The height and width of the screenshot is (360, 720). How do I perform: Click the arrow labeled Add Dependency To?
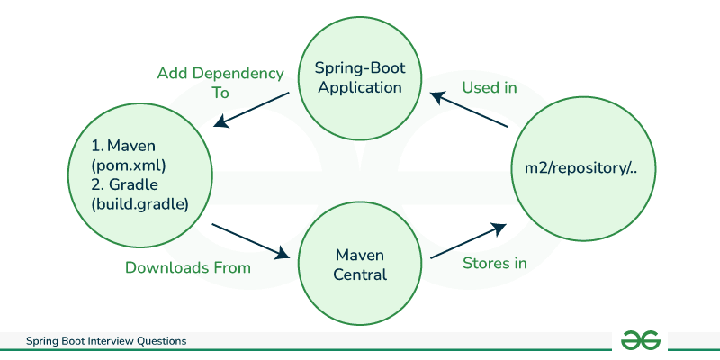pos(253,109)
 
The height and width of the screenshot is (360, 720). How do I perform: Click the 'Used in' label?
pos(490,88)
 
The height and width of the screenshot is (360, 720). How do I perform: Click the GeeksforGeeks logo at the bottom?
pos(641,340)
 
